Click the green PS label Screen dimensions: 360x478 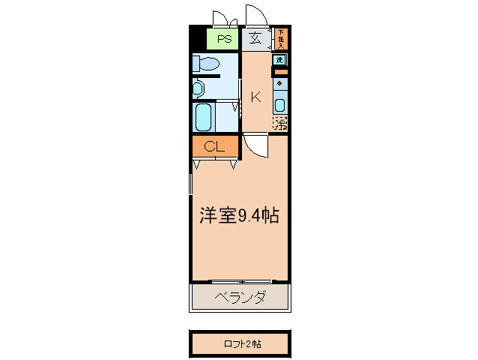pyautogui.click(x=223, y=39)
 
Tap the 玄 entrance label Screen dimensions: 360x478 pyautogui.click(x=255, y=39)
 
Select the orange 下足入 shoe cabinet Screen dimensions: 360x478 pyautogui.click(x=281, y=38)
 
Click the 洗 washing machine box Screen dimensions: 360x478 pyautogui.click(x=279, y=59)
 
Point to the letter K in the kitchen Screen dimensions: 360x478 pyautogui.click(x=255, y=97)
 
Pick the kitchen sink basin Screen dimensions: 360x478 pyautogui.click(x=279, y=105)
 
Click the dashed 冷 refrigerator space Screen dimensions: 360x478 pyautogui.click(x=280, y=122)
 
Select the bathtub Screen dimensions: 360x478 pyautogui.click(x=204, y=115)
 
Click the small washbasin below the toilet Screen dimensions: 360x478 pyautogui.click(x=197, y=88)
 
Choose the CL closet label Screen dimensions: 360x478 pyautogui.click(x=214, y=146)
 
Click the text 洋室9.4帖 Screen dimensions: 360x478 pyautogui.click(x=239, y=217)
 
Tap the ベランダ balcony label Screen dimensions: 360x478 pyautogui.click(x=240, y=298)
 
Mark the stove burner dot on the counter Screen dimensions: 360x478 pyautogui.click(x=279, y=83)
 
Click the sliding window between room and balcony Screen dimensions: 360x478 pyautogui.click(x=240, y=282)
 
